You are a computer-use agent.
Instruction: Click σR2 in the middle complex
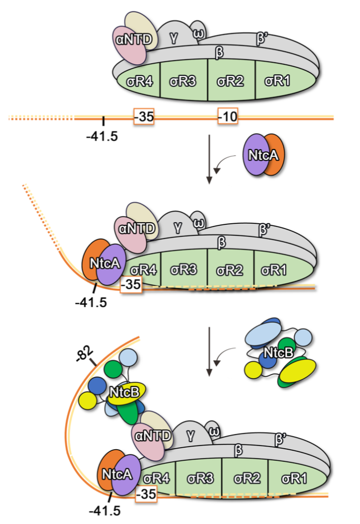229,270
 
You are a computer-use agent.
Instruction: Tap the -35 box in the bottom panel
144,494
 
